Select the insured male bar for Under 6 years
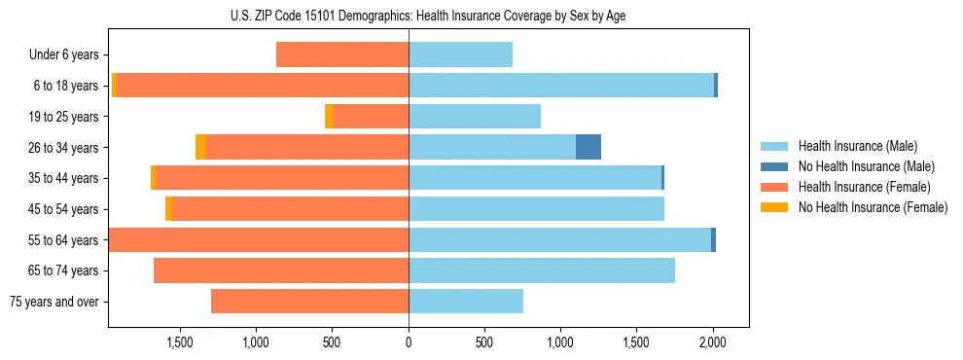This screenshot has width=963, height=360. coord(460,54)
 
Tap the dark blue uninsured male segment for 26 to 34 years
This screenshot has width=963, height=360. coord(588,147)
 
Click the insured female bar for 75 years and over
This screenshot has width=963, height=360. coord(309,302)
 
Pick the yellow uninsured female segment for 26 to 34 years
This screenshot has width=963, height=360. coord(200,147)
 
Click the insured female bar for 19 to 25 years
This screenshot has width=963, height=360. coord(370,116)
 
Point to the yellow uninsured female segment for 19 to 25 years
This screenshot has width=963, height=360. coord(329,116)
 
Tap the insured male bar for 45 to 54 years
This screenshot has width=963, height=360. coord(536,209)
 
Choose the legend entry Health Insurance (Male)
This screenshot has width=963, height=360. coord(857,146)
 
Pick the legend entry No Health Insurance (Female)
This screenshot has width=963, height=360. coord(873,207)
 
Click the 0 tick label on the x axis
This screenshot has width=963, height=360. coord(409,342)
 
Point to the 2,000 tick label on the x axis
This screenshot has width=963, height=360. coord(713,342)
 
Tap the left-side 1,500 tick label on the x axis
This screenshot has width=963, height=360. coord(180,342)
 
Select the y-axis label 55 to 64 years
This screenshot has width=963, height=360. coord(63,240)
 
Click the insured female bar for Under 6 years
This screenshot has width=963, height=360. coord(342,54)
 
